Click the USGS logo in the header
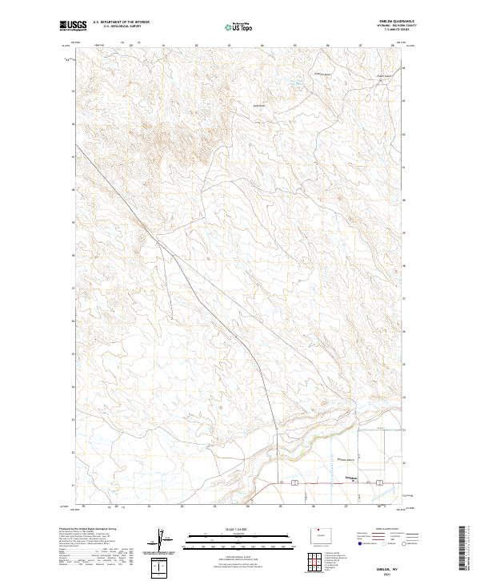pos(73,26)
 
